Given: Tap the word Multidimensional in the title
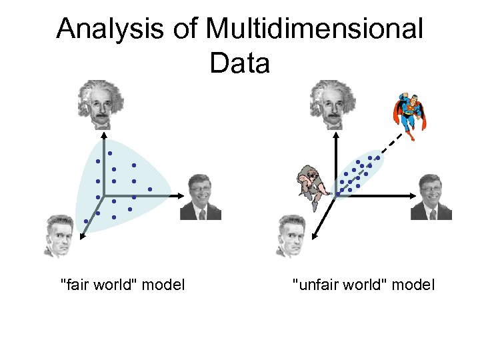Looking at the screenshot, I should [314, 30].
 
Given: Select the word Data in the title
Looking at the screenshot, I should [239, 63].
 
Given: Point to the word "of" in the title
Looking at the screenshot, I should [187, 30].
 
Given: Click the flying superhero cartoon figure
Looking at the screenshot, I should [408, 115].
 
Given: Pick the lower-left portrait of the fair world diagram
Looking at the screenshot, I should [58, 235].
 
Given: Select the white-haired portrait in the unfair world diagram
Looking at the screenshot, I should [331, 103].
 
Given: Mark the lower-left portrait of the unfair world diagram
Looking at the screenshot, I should [291, 235].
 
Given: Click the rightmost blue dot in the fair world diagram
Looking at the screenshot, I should [151, 189].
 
